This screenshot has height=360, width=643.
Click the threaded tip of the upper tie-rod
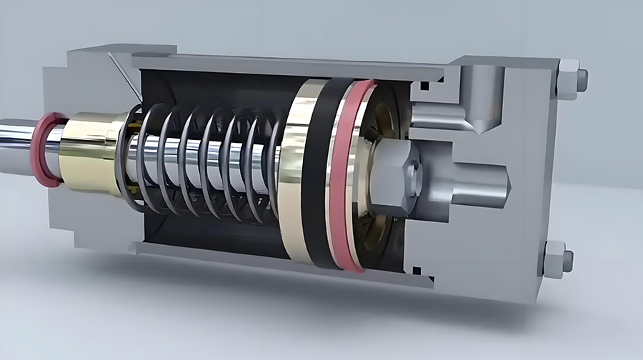[582, 79]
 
